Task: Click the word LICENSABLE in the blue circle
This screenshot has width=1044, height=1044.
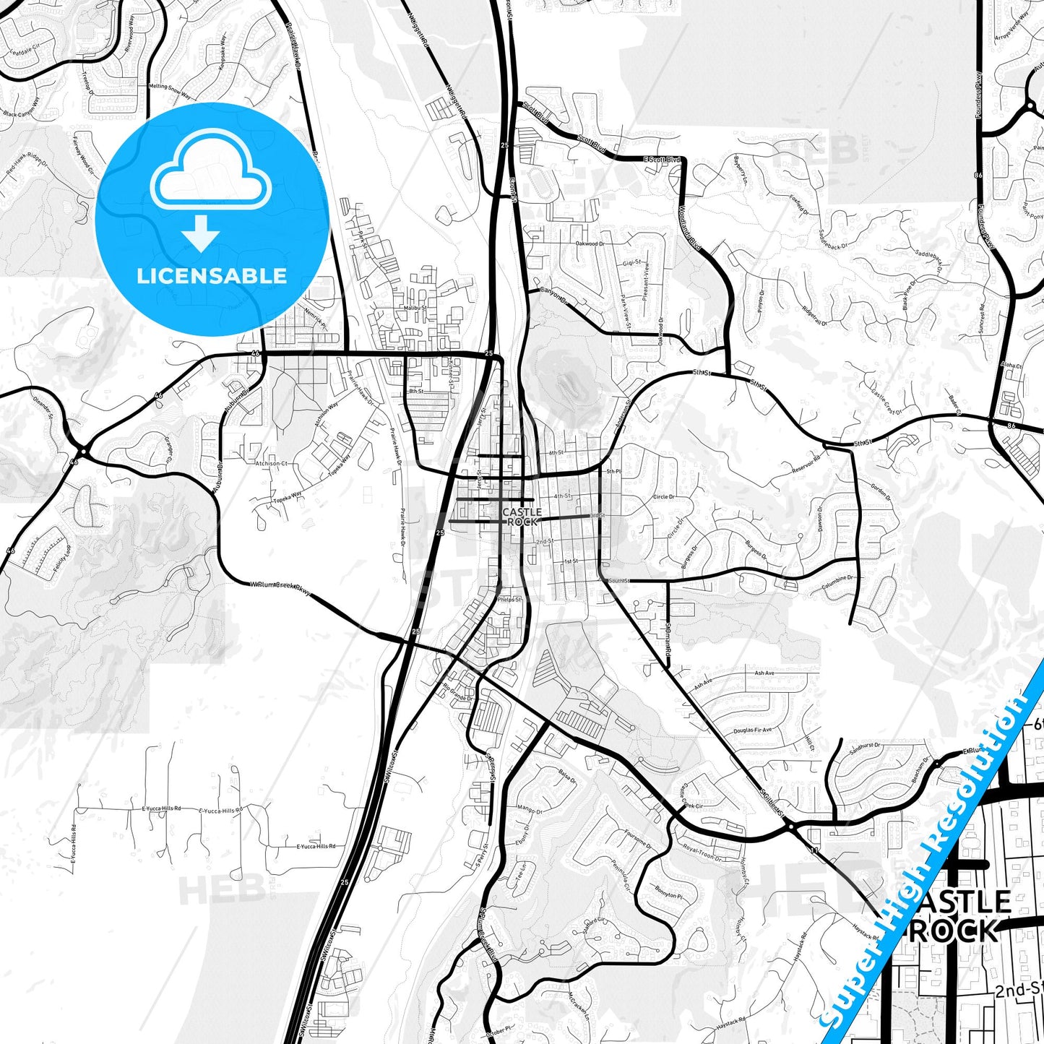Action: click(x=211, y=276)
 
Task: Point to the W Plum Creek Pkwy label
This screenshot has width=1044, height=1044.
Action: click(x=281, y=589)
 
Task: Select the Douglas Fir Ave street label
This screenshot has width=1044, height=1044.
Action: click(x=752, y=730)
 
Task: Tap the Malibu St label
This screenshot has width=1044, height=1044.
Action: click(x=415, y=308)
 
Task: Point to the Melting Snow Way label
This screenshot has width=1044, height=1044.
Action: click(x=169, y=91)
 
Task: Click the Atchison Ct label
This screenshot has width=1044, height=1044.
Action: click(x=271, y=463)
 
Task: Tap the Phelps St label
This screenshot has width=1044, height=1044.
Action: click(x=509, y=599)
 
